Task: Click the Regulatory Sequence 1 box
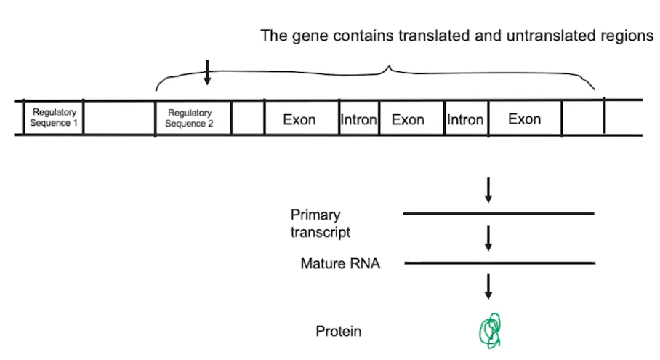[54, 118]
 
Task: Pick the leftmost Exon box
[299, 119]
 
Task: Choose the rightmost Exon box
[524, 119]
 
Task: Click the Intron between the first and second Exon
[358, 119]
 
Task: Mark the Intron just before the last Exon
[465, 119]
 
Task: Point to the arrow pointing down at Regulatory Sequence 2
[207, 72]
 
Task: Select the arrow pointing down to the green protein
[488, 287]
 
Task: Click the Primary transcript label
[321, 223]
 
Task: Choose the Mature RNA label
[340, 263]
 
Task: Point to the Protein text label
[339, 332]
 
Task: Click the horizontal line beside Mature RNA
[499, 263]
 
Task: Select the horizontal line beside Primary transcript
[499, 214]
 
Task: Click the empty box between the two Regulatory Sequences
[119, 118]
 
